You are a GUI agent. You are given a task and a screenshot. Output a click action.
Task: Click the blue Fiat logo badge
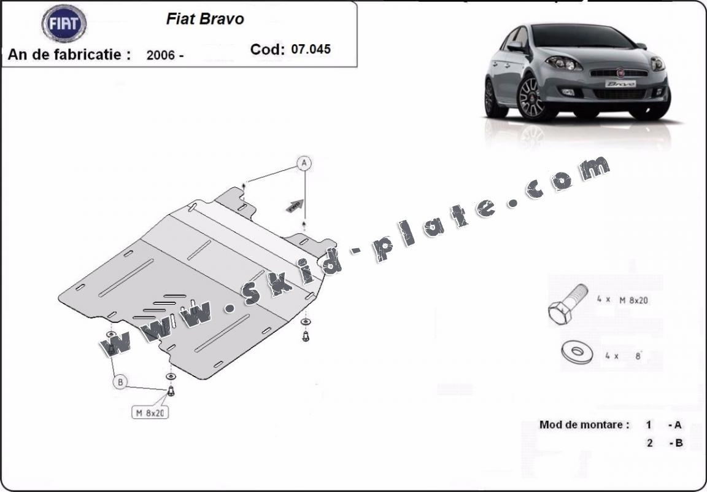[64, 23]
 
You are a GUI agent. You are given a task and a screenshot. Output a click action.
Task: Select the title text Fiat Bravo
[205, 19]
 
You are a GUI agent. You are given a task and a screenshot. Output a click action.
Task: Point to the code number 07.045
[311, 49]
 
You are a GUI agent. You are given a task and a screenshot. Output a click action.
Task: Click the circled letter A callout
[304, 163]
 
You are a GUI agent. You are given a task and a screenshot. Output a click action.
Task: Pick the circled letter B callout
[120, 382]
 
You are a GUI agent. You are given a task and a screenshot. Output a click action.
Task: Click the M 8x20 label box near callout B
[150, 413]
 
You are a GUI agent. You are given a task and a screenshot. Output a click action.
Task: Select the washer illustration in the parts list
[576, 352]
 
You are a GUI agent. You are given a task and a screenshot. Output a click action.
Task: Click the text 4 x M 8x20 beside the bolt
[622, 300]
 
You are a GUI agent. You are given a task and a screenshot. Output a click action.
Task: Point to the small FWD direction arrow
[295, 205]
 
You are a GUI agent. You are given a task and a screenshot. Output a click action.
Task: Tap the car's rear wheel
[490, 98]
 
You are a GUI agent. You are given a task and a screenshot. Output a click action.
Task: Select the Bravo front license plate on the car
[620, 84]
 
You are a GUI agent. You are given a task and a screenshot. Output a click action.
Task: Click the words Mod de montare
[584, 424]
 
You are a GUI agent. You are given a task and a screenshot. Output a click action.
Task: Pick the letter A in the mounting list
[678, 424]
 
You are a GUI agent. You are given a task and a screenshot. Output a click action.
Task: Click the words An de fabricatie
[69, 54]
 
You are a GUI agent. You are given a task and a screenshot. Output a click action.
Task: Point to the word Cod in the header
[267, 49]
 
